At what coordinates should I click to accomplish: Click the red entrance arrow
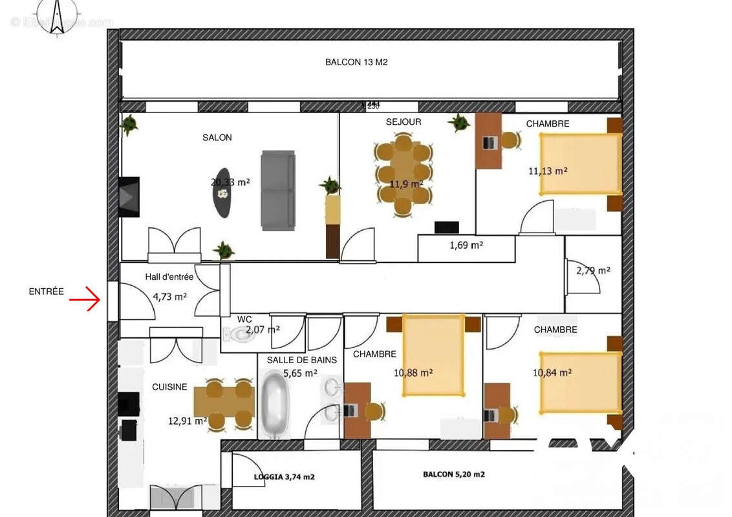click(x=85, y=300)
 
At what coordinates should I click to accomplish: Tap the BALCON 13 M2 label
click(x=356, y=63)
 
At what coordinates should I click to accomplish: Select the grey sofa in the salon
click(x=278, y=190)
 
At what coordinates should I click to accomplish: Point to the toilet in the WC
click(x=237, y=334)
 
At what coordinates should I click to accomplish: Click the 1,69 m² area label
click(x=466, y=246)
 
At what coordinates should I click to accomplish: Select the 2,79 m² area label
click(x=593, y=271)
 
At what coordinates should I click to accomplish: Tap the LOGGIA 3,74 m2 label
click(x=284, y=477)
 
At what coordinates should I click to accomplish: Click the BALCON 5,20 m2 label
click(x=453, y=474)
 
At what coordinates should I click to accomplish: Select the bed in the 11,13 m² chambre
click(x=580, y=164)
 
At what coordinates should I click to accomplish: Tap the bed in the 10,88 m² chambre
click(x=433, y=355)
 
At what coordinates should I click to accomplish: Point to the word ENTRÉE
click(x=47, y=291)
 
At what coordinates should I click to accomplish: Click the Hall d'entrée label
click(x=169, y=277)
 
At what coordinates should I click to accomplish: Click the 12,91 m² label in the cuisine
click(x=188, y=421)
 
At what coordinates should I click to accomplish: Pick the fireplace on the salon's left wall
click(x=129, y=196)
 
